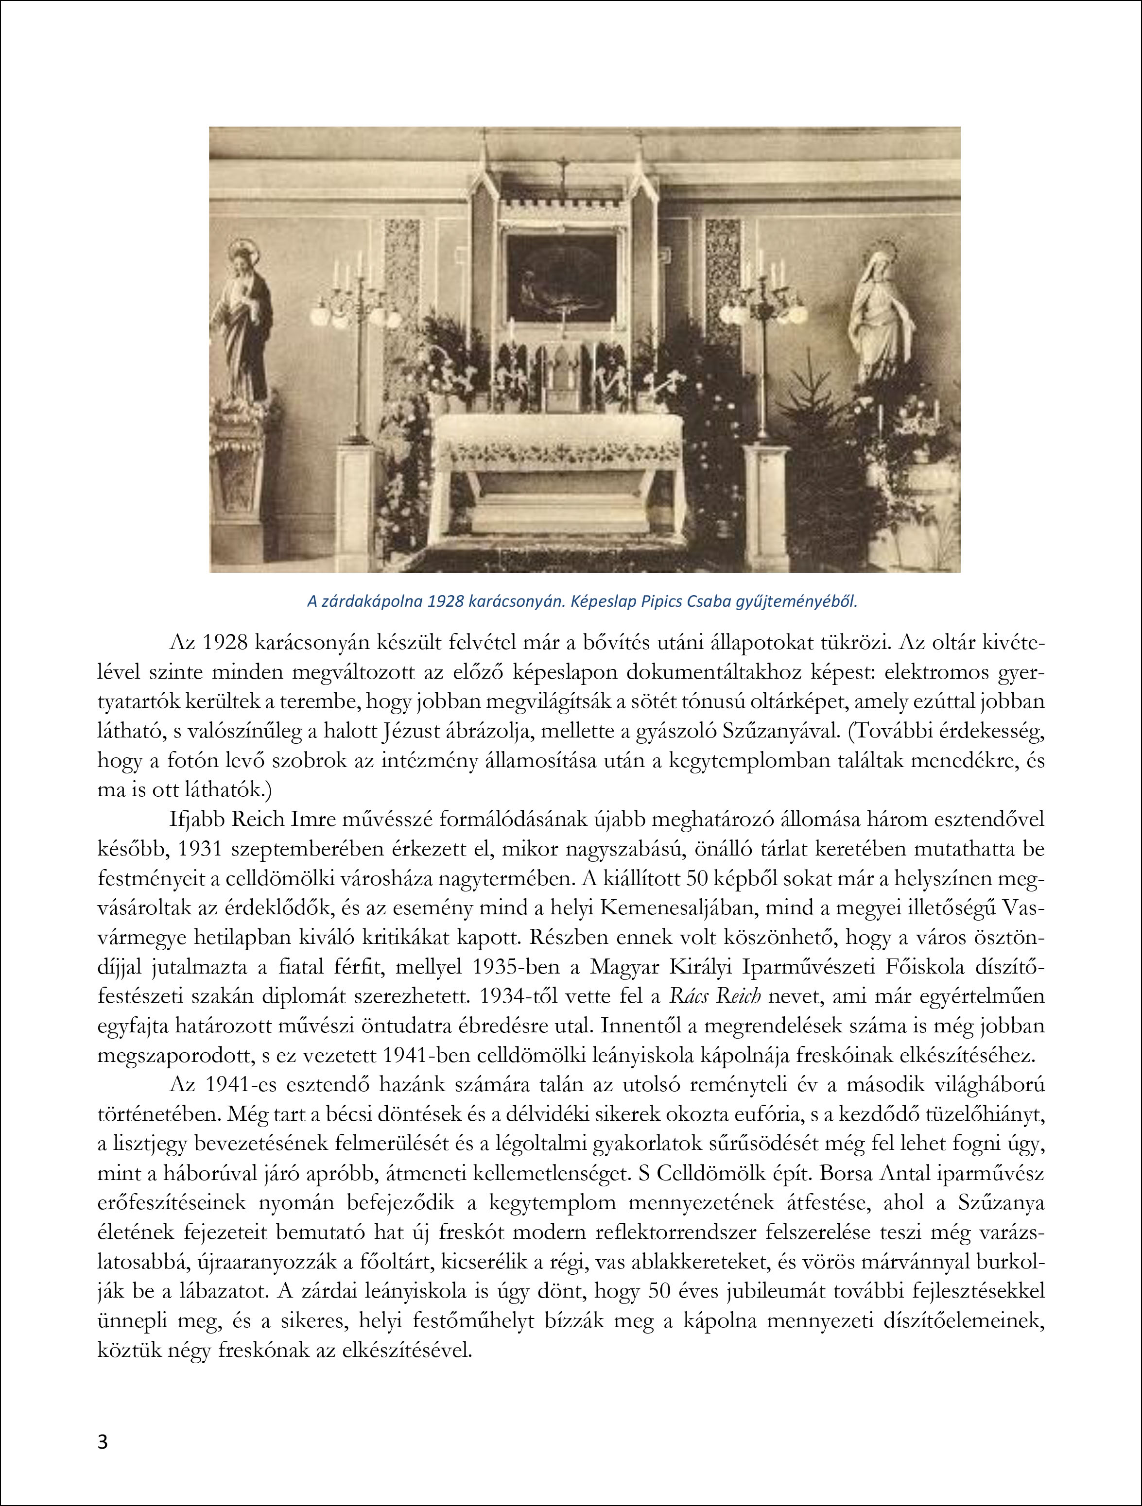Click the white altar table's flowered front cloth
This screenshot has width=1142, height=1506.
point(558,449)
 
